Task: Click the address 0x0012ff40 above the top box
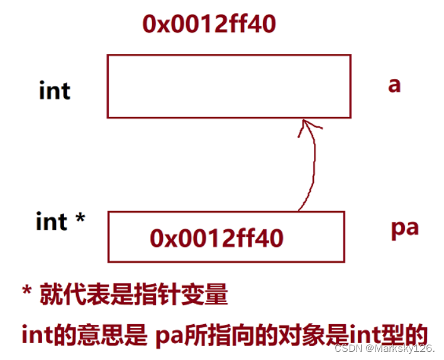[x=209, y=25]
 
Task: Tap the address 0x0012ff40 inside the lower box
[x=216, y=238]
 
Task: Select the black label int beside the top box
[x=55, y=91]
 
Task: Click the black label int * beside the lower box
[x=60, y=222]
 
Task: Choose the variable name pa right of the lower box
[x=404, y=227]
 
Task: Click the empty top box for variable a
[x=228, y=86]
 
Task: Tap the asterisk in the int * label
[x=80, y=219]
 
